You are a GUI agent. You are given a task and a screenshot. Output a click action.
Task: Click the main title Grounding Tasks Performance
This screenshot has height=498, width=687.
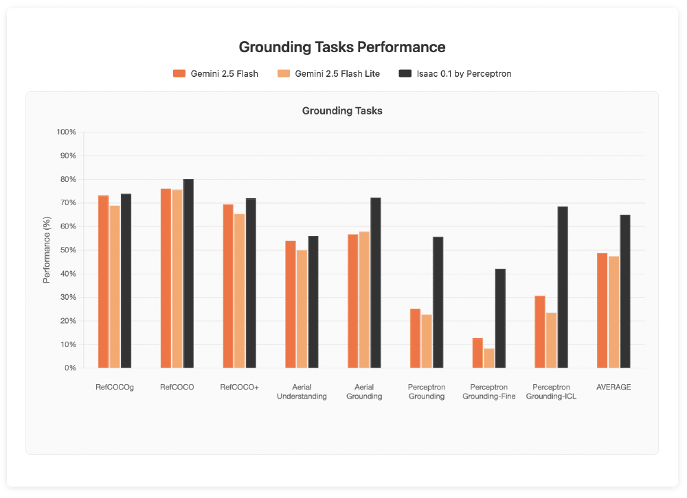click(342, 47)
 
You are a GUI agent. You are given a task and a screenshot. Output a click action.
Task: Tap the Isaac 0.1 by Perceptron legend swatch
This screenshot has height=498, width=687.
click(405, 73)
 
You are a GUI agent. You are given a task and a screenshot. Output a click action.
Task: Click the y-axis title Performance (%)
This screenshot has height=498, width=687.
click(47, 250)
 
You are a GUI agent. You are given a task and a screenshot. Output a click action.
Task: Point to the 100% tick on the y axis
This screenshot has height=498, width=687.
click(66, 132)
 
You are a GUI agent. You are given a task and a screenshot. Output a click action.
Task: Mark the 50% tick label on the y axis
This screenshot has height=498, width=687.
click(67, 250)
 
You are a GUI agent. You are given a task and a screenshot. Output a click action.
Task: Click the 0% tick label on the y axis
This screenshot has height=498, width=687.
click(69, 368)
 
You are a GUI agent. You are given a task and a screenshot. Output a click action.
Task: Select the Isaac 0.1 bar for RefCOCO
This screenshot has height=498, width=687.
click(188, 274)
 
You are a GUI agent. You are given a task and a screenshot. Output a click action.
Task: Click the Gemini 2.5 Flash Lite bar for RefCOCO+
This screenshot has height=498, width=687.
click(239, 291)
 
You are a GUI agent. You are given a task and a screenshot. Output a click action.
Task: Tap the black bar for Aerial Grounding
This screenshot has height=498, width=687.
click(376, 283)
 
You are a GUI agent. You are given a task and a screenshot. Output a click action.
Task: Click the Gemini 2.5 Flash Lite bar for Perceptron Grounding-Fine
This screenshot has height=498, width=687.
click(489, 358)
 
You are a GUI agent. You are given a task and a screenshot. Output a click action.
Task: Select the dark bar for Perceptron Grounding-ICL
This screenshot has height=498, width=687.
click(563, 287)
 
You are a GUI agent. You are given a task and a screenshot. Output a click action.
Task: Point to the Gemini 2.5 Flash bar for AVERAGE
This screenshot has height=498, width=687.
click(602, 311)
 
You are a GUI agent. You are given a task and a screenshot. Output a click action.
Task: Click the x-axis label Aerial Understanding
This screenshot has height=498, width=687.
click(302, 392)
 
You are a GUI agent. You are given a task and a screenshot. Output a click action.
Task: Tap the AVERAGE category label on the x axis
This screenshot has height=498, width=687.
click(613, 388)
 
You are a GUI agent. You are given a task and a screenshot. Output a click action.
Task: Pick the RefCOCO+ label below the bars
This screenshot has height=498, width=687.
click(239, 388)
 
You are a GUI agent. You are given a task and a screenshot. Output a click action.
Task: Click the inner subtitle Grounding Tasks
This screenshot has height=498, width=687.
click(342, 110)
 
